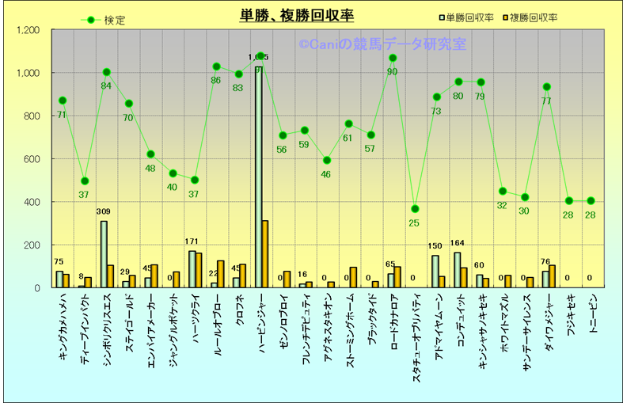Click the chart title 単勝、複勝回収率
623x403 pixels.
296,16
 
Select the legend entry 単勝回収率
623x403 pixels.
466,17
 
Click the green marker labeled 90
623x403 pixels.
392,58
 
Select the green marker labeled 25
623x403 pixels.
414,209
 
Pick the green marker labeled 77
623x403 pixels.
546,87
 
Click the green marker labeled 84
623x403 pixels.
106,72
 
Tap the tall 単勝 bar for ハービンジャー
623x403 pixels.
259,174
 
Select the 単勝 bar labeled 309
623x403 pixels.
104,254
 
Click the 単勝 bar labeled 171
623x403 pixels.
192,269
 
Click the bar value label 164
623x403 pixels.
457,243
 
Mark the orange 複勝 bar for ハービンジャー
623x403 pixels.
265,254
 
